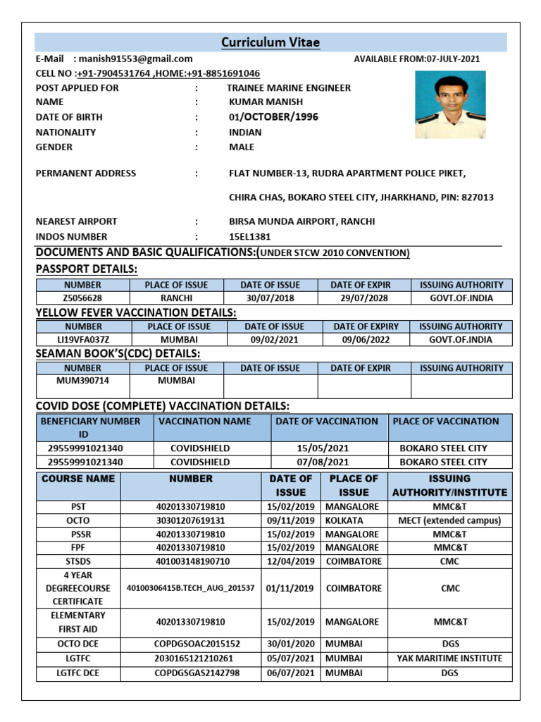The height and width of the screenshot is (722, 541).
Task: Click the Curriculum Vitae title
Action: (270, 43)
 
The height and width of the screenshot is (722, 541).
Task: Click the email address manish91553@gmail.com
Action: (135, 59)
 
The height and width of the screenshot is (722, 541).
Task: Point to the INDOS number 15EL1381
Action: (249, 237)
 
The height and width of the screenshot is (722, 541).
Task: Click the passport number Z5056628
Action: (82, 298)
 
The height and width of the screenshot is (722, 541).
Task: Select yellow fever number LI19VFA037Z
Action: (82, 340)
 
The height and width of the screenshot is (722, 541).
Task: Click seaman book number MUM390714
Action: (82, 381)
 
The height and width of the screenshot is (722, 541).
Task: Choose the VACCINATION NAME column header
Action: (204, 421)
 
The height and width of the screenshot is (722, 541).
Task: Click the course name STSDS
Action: (78, 561)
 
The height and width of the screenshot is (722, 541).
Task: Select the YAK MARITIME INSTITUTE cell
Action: (449, 659)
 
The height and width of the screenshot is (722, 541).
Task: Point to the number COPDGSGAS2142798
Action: (197, 673)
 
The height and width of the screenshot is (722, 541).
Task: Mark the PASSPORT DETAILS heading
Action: (87, 269)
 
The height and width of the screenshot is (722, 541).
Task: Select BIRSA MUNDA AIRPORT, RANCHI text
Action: (301, 221)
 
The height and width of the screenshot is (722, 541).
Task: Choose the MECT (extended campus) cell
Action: (449, 520)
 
